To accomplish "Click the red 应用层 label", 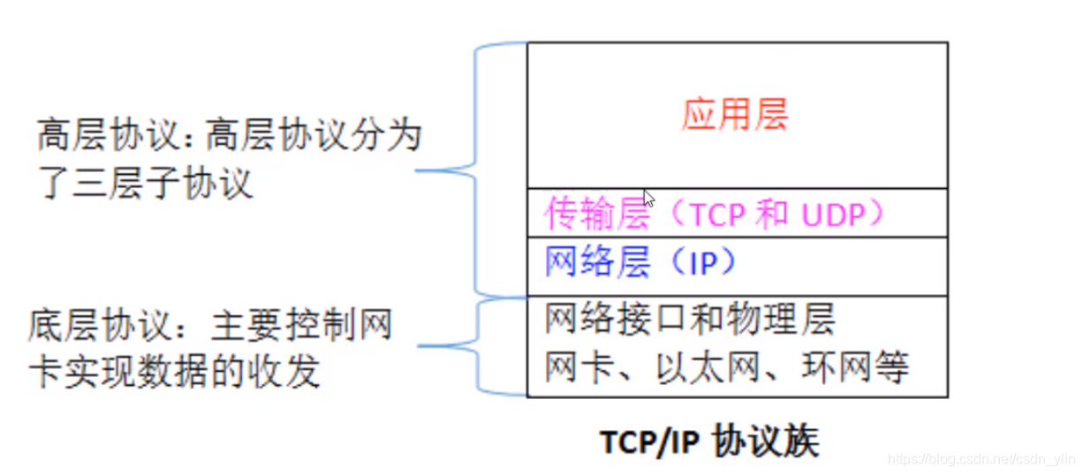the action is point(734,116).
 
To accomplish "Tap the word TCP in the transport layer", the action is point(716,215).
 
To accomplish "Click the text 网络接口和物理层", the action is point(689,320).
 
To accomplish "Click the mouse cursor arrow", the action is point(649,198).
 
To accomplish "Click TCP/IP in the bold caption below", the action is point(648,441).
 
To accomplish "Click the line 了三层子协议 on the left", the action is point(145,185).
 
